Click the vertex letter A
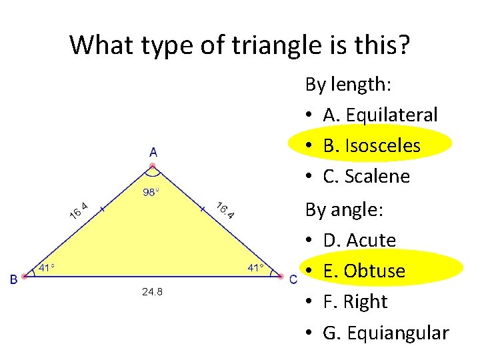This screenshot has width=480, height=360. [x=153, y=152]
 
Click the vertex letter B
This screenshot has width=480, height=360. [x=13, y=280]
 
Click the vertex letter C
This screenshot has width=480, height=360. [x=293, y=280]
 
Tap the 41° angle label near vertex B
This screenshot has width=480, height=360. [x=46, y=268]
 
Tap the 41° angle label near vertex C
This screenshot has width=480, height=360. [x=255, y=268]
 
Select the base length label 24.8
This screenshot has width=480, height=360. [x=152, y=292]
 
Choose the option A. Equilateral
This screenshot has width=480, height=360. [x=380, y=115]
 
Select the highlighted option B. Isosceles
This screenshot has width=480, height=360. [x=371, y=145]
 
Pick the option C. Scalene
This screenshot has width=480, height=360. [x=366, y=176]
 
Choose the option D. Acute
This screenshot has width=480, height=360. [x=359, y=240]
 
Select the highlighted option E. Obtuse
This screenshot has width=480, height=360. [x=364, y=271]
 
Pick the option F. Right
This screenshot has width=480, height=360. [x=355, y=301]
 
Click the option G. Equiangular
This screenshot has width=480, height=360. [x=386, y=332]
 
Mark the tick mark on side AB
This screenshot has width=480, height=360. [x=102, y=209]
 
